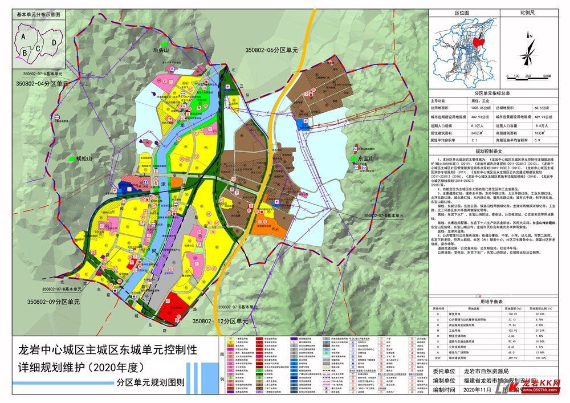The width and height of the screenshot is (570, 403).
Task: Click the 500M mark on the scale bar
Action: click(545, 75)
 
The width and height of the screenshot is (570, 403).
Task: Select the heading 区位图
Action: click(461, 12)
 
